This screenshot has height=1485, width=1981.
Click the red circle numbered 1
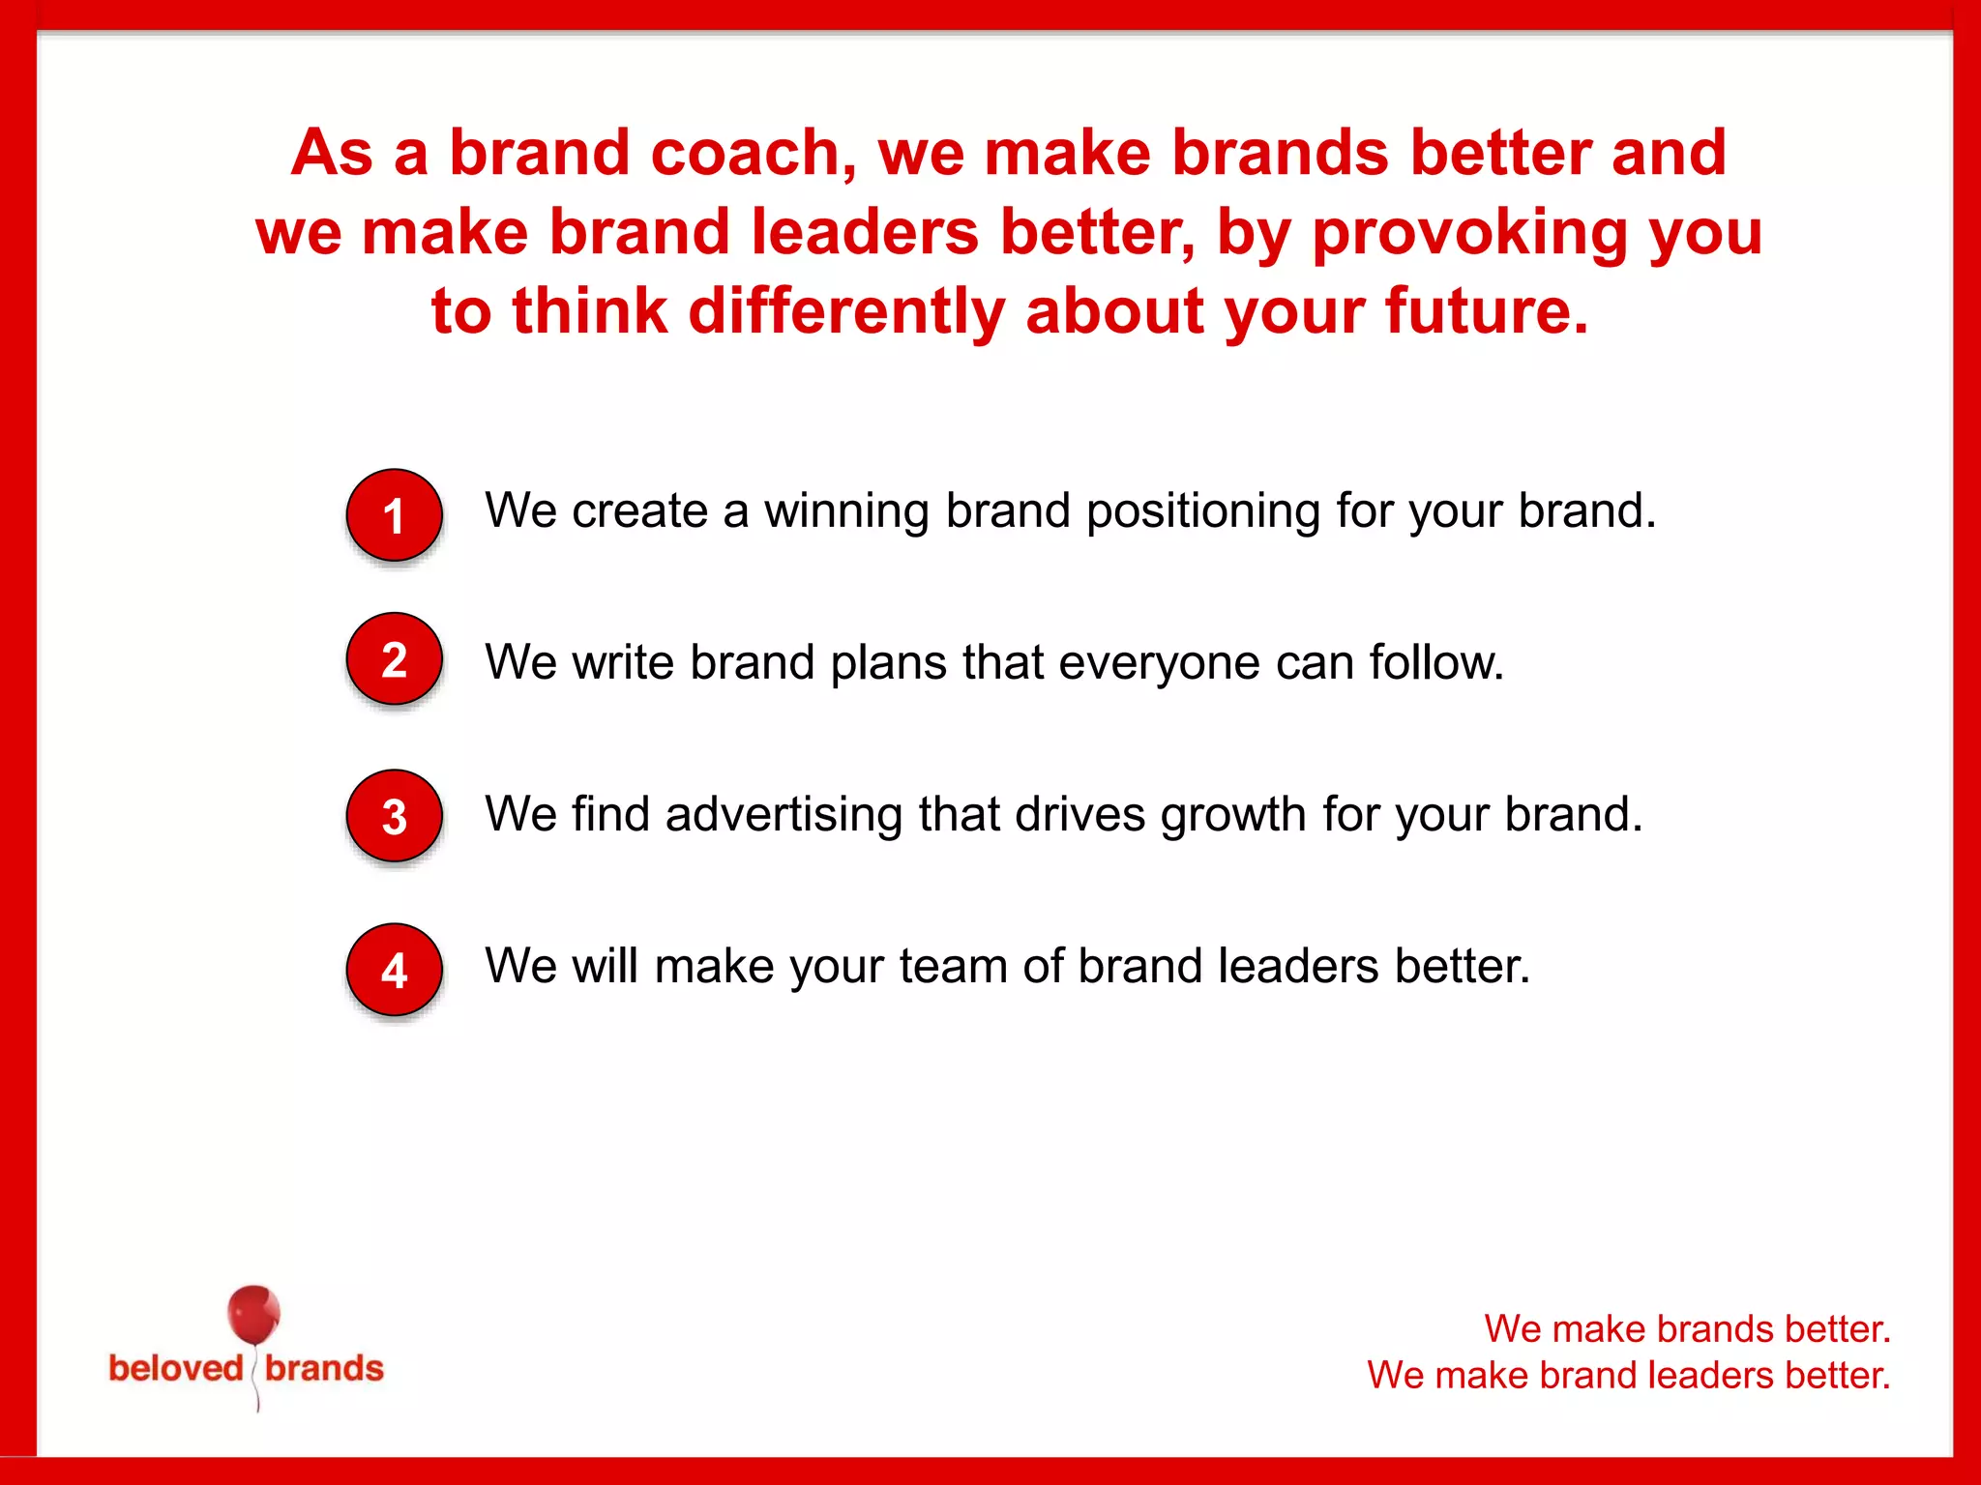pos(394,515)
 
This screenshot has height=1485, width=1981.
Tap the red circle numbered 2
pos(394,659)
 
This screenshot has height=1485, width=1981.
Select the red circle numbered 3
pos(394,816)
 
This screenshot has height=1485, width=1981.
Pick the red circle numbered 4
pos(394,970)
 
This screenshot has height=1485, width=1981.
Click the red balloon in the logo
pos(253,1315)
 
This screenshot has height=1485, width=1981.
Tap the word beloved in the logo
pos(176,1368)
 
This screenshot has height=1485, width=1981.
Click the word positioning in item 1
pos(1202,512)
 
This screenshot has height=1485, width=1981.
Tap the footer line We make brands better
pos(1687,1328)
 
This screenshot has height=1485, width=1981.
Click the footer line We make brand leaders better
pos(1628,1375)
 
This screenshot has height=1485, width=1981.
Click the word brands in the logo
pos(324,1368)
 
